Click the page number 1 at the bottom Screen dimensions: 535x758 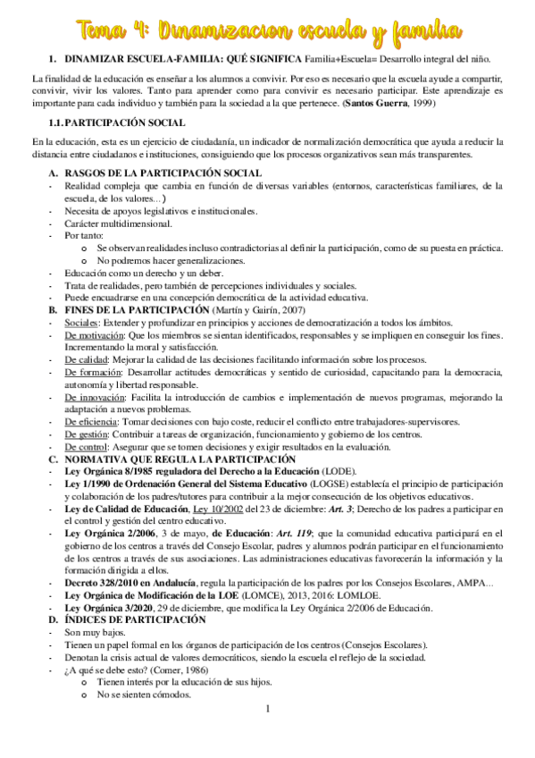(x=267, y=734)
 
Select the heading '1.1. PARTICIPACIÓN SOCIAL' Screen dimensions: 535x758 (x=118, y=122)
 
